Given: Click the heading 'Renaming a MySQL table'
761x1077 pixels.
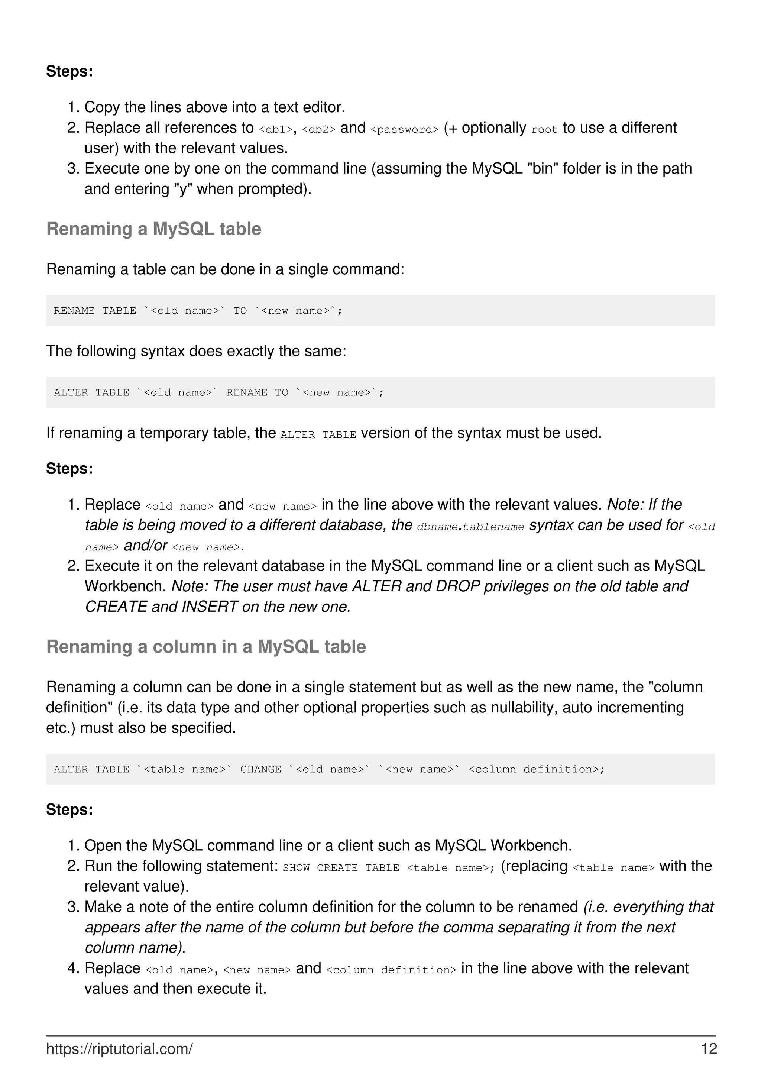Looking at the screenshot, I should tap(153, 229).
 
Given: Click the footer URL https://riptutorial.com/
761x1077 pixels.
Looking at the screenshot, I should tap(119, 1049).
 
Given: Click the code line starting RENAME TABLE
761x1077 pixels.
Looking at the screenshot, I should tap(198, 311).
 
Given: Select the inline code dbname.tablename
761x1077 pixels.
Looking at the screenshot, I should tap(470, 527).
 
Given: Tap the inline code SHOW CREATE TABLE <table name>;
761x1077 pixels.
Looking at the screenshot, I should tap(388, 868).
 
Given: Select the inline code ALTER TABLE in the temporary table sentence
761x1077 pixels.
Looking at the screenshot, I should tap(318, 435).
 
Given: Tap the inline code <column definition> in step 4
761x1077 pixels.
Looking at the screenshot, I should tap(391, 970).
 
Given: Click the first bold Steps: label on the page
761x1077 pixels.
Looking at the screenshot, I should tap(69, 71).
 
